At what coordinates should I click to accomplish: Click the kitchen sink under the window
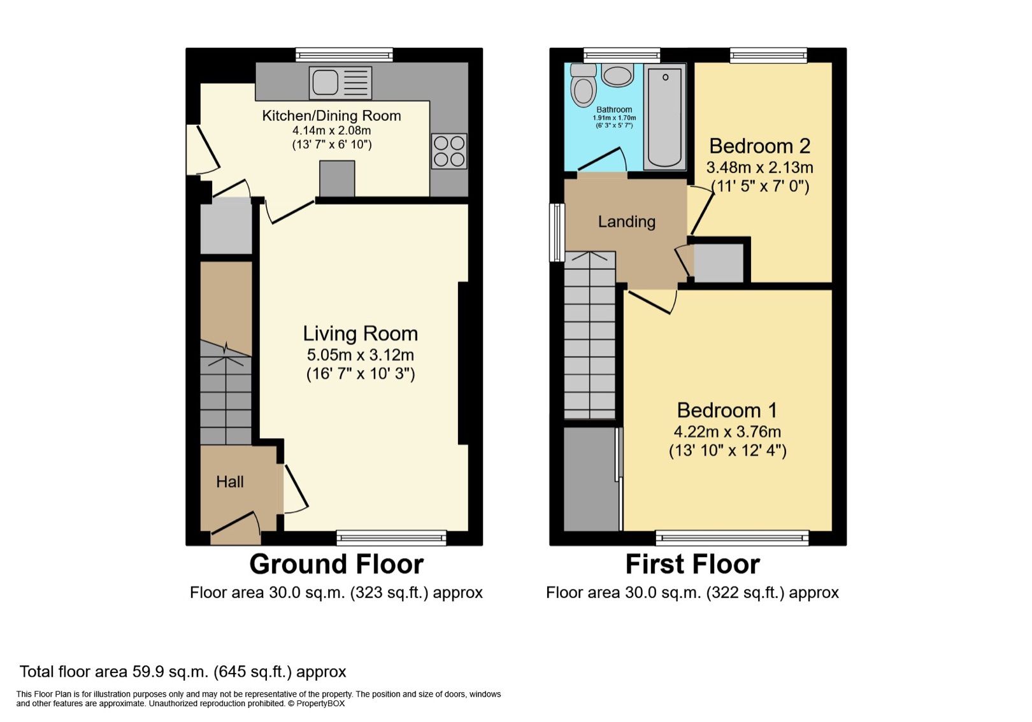tap(340, 83)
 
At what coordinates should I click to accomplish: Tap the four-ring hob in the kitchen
tap(449, 151)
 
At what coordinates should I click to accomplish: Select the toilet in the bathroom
tap(583, 86)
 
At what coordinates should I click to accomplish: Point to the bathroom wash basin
tap(617, 76)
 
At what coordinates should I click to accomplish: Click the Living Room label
tap(360, 334)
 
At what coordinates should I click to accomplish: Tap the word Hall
tap(229, 482)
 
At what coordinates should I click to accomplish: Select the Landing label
tap(626, 222)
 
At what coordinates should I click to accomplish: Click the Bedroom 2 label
tap(759, 146)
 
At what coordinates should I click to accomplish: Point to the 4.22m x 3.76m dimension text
tap(727, 432)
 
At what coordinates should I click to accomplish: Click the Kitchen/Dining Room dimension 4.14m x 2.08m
tap(331, 131)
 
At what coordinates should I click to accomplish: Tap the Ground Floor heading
tap(336, 564)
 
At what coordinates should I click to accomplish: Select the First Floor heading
tap(692, 564)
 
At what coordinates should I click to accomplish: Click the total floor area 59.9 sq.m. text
tap(183, 672)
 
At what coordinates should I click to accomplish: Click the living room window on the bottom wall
tap(391, 538)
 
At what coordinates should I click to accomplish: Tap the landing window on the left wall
tap(557, 232)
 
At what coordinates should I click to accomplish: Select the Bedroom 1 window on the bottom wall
tap(732, 538)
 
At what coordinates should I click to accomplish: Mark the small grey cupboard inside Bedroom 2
tap(718, 262)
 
